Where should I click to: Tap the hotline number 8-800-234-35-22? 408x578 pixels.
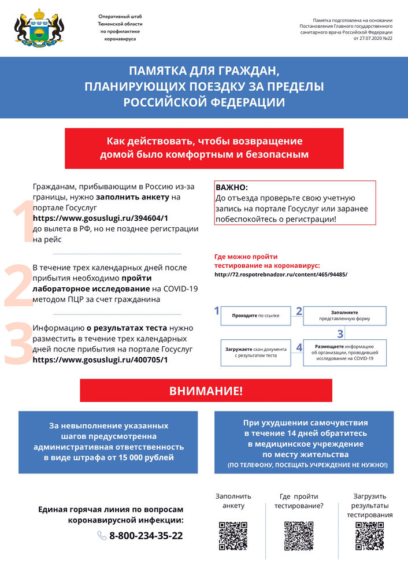click(x=146, y=536)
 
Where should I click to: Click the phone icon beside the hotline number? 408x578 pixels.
click(x=102, y=536)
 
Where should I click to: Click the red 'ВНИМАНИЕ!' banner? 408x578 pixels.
click(x=206, y=391)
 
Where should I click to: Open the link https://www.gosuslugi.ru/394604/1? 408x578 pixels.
click(x=101, y=218)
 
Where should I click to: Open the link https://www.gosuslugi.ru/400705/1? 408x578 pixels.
click(x=101, y=360)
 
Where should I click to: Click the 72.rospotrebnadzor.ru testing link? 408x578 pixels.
click(x=281, y=274)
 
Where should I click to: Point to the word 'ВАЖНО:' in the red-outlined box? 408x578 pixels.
click(x=232, y=188)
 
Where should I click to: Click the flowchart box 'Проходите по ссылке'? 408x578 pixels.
click(x=255, y=316)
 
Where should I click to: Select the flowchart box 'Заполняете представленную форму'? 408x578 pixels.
click(x=345, y=316)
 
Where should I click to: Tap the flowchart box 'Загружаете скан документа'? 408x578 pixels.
click(x=255, y=352)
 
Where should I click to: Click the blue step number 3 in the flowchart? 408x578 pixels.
click(x=340, y=334)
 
